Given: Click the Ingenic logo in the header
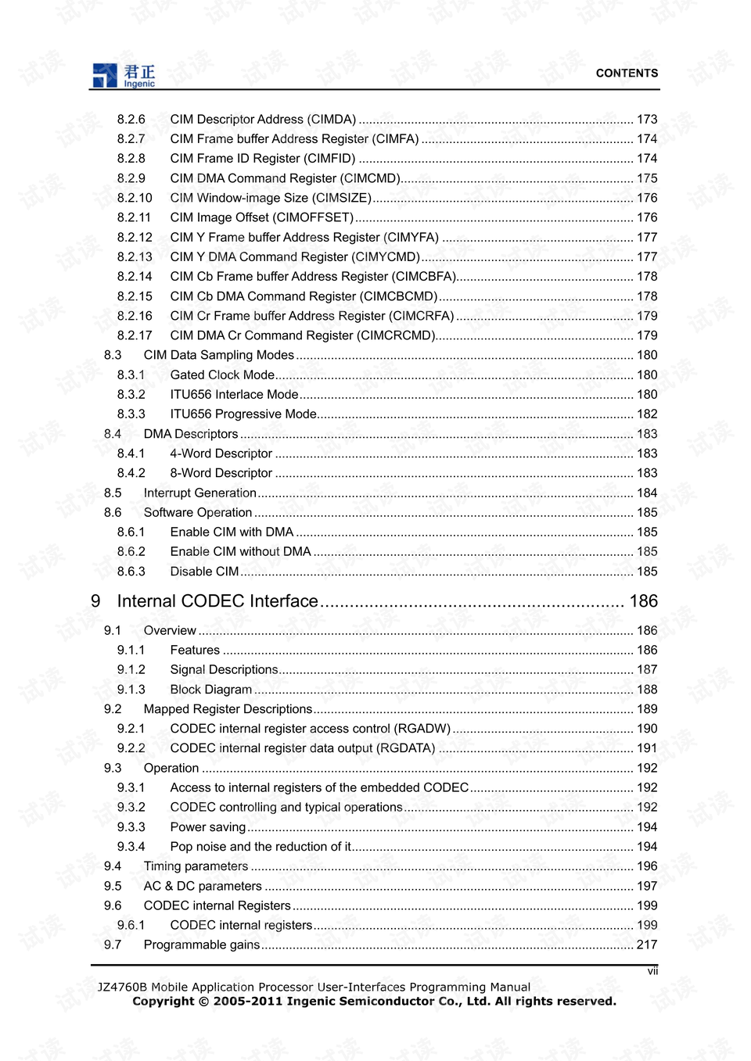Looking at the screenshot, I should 124,75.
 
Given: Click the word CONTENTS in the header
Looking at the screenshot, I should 627,73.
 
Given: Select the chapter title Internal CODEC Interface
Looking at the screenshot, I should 217,601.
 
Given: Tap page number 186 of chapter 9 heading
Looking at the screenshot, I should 643,601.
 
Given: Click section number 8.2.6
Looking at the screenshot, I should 131,120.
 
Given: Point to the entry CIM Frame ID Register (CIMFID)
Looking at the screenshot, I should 262,159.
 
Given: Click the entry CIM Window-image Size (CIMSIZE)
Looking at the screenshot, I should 270,198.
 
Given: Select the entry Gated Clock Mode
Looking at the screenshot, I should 222,375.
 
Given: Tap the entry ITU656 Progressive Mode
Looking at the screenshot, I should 243,414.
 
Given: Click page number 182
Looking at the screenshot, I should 647,414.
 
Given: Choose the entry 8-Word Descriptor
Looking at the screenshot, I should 221,473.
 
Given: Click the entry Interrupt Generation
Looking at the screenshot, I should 199,493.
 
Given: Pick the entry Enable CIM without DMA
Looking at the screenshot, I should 240,552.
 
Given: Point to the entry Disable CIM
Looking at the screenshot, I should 204,572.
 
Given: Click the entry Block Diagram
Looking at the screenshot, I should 210,690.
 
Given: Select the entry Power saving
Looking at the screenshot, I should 207,827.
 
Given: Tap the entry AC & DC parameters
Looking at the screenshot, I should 203,886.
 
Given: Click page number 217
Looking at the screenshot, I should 647,945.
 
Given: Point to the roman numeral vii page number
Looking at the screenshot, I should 652,971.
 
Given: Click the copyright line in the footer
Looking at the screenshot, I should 374,1002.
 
